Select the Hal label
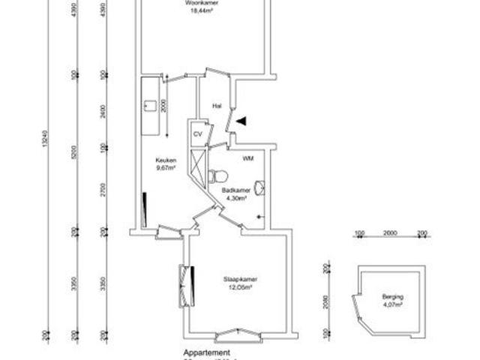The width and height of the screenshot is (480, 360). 217,106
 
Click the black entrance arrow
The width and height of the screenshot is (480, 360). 240,120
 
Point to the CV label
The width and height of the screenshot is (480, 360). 198,133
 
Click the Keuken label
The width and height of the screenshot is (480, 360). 165,160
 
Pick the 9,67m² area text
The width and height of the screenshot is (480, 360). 165,168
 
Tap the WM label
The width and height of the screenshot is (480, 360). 247,160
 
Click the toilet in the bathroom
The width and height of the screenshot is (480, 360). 218,177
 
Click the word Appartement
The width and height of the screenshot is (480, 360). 207,352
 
